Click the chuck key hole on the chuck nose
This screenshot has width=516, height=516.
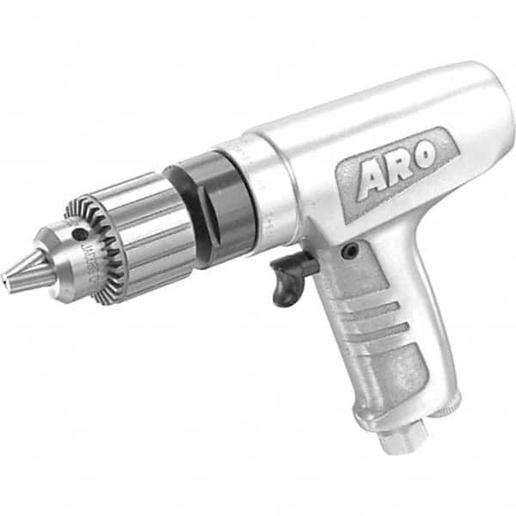point(79,233)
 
